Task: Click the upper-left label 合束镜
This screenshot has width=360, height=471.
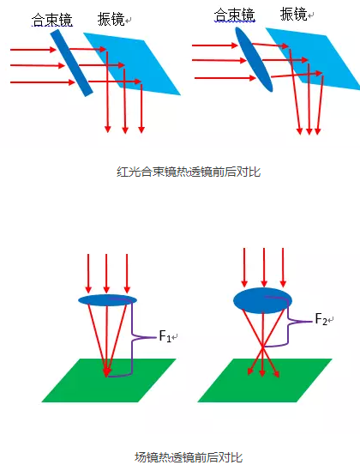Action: click(x=52, y=20)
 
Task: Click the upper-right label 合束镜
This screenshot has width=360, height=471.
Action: click(x=235, y=15)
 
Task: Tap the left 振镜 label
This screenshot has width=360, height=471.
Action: click(x=111, y=19)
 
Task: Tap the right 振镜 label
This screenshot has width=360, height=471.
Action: click(x=293, y=14)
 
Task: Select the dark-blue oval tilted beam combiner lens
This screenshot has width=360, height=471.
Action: click(x=254, y=59)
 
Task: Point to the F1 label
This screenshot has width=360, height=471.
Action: click(x=165, y=335)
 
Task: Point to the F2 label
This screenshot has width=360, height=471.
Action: click(x=321, y=319)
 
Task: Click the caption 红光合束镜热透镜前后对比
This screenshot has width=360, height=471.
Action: click(x=189, y=172)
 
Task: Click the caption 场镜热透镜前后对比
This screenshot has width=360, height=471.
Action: click(x=189, y=457)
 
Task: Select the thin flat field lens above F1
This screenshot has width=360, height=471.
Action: click(x=107, y=300)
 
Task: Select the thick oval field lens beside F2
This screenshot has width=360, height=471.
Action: click(x=262, y=300)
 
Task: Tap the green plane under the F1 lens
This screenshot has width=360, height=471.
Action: click(x=109, y=380)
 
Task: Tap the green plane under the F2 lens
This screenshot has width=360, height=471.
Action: click(x=265, y=380)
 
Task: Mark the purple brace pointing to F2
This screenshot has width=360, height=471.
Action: click(x=289, y=322)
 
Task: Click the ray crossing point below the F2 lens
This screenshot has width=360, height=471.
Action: click(x=263, y=347)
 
